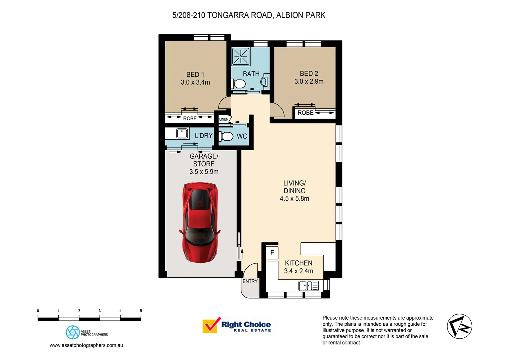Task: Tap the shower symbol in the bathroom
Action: (x=241, y=56)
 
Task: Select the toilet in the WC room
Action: (x=227, y=136)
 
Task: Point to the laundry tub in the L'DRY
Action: (x=182, y=133)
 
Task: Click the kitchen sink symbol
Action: (x=308, y=286)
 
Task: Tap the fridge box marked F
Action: (x=272, y=253)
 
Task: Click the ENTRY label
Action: (x=250, y=281)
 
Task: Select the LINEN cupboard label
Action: (x=224, y=119)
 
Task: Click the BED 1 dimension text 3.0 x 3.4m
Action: (x=195, y=82)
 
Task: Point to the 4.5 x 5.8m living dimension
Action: (x=294, y=199)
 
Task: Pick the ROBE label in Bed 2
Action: (x=305, y=113)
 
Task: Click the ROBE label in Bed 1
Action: (x=190, y=119)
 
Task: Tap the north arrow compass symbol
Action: (x=459, y=326)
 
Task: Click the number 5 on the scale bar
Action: (x=141, y=311)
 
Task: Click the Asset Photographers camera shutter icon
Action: (x=73, y=332)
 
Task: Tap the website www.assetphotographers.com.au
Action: (x=86, y=345)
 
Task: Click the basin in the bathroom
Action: (x=264, y=82)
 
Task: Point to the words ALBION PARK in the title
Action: (x=300, y=15)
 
